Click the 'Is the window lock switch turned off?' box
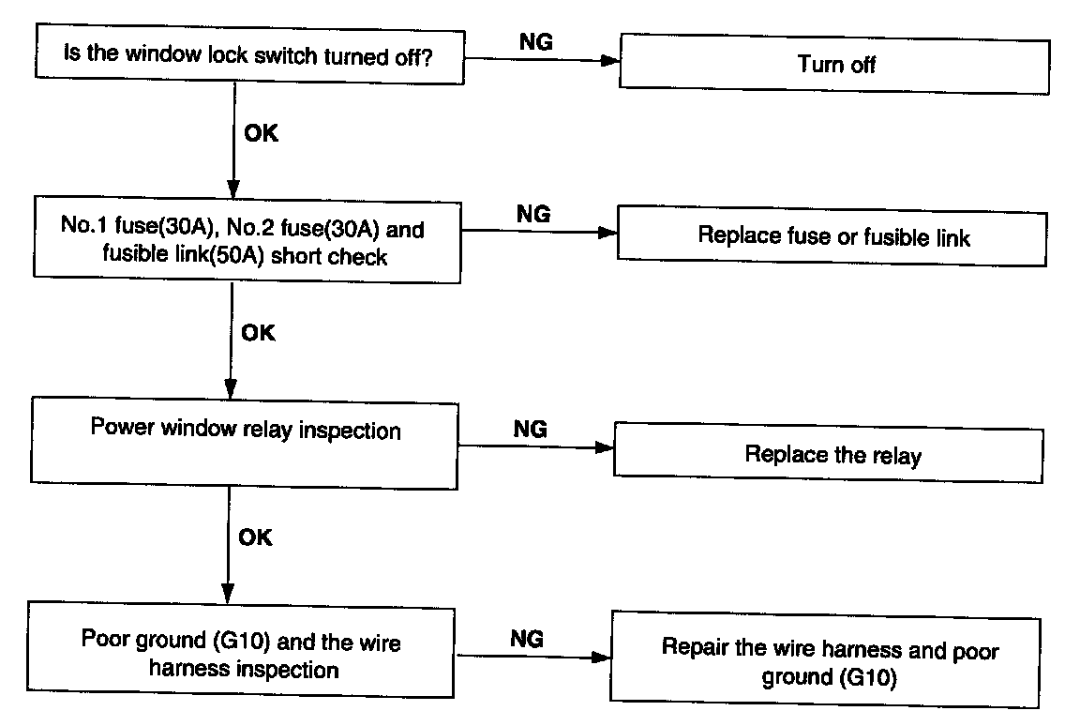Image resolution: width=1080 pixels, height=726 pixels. [x=250, y=54]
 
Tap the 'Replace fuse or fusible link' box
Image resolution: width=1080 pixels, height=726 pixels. [x=832, y=235]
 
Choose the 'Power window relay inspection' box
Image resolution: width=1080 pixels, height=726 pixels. [x=245, y=443]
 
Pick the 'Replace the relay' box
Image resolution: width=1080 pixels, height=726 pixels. [x=829, y=452]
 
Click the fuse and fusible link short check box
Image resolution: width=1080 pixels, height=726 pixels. [x=247, y=240]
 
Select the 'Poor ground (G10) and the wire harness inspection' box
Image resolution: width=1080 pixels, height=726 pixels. [x=241, y=649]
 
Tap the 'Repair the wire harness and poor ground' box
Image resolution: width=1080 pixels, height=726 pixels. [x=825, y=659]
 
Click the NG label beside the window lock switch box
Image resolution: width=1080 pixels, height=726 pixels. [x=536, y=42]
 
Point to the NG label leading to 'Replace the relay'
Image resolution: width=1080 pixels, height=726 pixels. [x=531, y=429]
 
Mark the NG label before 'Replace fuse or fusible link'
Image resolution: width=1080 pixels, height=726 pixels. [x=533, y=214]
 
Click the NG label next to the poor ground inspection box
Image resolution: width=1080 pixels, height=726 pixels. [x=527, y=639]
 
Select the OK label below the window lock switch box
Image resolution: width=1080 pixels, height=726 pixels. [x=261, y=133]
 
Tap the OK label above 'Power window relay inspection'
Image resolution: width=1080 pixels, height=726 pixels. [x=259, y=333]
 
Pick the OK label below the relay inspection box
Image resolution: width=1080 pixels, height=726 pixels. [x=256, y=537]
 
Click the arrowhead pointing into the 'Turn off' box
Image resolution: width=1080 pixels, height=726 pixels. [x=610, y=61]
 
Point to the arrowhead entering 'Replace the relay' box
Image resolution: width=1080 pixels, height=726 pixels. [x=605, y=447]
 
